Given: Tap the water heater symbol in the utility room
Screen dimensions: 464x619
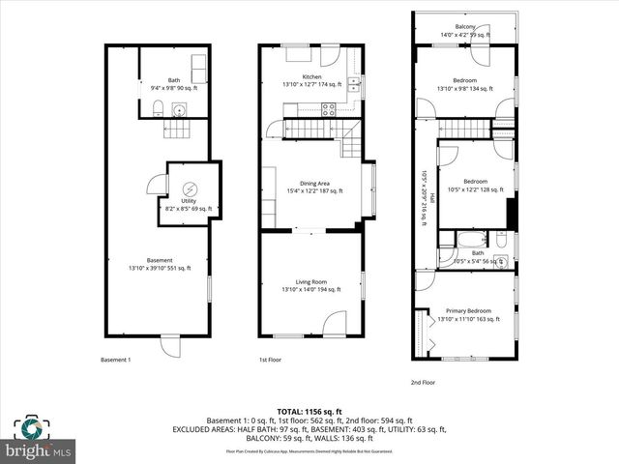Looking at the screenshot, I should coord(190,188).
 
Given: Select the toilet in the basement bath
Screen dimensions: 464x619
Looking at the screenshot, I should coord(157,107).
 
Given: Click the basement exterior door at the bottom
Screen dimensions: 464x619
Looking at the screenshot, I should coord(170,343).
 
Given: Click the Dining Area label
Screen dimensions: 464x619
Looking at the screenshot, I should coord(315,187).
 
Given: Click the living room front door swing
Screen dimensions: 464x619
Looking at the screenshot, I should coord(334,322).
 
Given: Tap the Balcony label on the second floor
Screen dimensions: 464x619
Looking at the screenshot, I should coord(466,27).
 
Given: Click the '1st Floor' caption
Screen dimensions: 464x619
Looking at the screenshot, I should coord(271,361).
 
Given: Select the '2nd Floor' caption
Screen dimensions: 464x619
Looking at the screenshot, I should coord(424,382).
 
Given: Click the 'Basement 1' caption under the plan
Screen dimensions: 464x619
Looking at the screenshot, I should coord(115,361).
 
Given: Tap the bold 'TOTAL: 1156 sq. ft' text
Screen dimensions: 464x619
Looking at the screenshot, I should coord(309,411).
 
